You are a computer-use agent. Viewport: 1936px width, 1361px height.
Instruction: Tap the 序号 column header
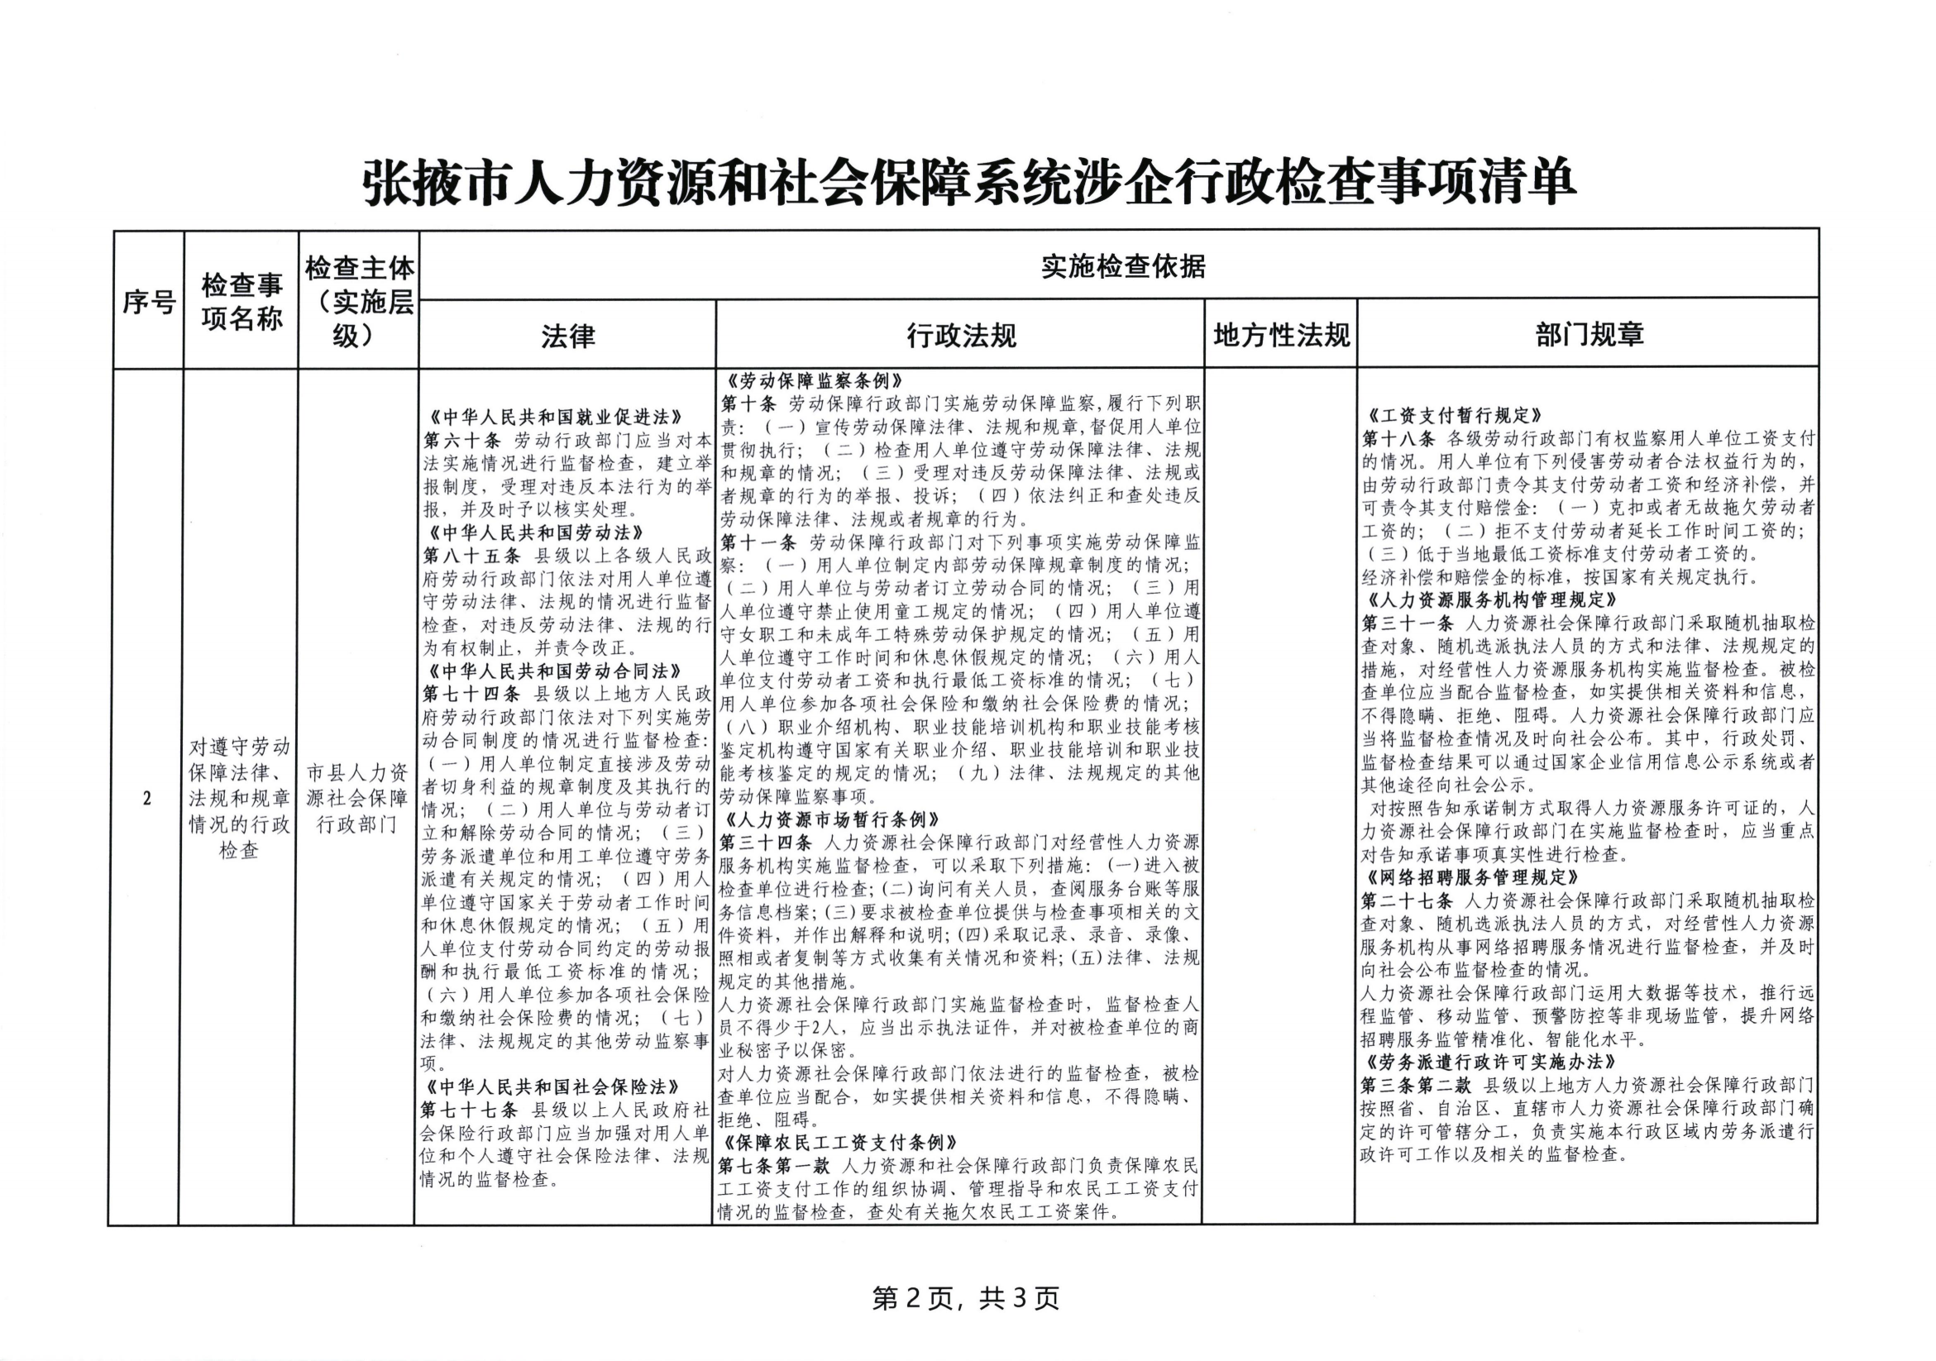[x=148, y=301]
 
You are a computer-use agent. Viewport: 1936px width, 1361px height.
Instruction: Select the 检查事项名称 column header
[x=241, y=301]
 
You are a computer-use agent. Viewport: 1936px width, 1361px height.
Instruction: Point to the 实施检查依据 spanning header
[x=1122, y=266]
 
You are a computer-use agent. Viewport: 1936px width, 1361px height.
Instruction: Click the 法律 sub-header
[x=567, y=336]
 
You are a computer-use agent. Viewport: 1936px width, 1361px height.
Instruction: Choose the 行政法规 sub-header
[x=960, y=336]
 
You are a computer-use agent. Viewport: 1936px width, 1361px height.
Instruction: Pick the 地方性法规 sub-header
[x=1281, y=336]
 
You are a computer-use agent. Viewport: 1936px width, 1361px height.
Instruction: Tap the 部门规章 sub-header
[x=1589, y=335]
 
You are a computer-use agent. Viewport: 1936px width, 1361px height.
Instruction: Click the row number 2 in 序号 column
[x=146, y=798]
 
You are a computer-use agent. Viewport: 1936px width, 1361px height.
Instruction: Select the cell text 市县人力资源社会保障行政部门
[x=356, y=798]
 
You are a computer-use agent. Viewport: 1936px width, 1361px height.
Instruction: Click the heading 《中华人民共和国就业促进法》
[x=555, y=417]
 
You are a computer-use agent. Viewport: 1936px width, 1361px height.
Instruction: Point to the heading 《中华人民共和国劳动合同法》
[x=555, y=671]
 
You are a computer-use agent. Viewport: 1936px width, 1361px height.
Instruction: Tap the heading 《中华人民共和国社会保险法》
[x=553, y=1087]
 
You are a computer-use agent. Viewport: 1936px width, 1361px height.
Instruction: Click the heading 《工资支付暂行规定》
[x=1455, y=415]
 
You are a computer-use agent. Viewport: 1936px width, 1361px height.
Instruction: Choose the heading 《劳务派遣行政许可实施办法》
[x=1489, y=1062]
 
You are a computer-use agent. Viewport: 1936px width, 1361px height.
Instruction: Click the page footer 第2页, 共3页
[x=965, y=1299]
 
